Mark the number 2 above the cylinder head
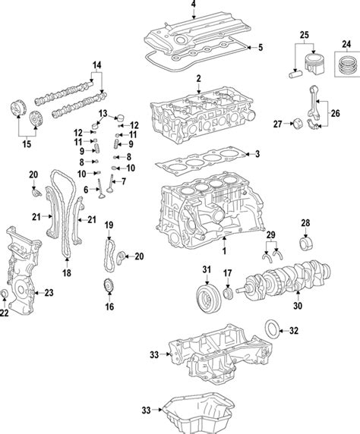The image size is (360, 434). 197,79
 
